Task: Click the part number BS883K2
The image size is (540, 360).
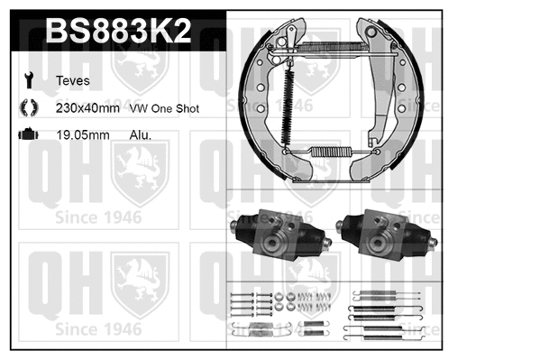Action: pos(117,32)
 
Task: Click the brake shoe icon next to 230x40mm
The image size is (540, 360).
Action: pos(29,106)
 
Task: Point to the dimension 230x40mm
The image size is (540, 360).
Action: pos(87,107)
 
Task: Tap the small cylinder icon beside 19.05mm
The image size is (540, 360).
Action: pos(29,134)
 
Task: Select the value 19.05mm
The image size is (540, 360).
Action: pos(83,134)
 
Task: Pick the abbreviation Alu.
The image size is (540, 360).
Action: pos(141,134)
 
